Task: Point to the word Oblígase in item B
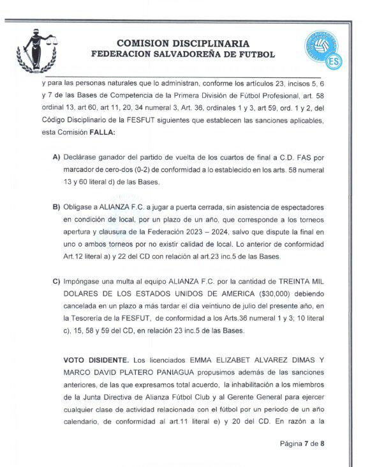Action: pos(79,208)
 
